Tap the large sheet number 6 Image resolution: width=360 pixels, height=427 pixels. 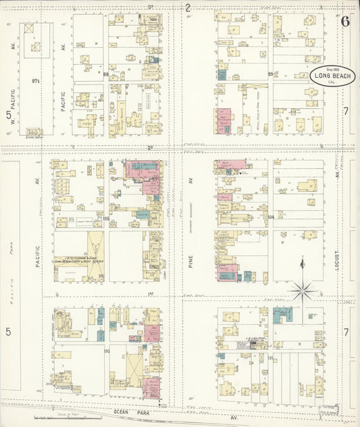click(x=345, y=20)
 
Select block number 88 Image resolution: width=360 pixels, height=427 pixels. click(x=106, y=74)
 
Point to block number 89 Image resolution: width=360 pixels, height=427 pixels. click(x=270, y=74)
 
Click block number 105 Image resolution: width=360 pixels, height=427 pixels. click(x=106, y=218)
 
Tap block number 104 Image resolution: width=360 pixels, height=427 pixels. click(x=270, y=217)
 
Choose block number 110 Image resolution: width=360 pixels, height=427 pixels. click(x=106, y=351)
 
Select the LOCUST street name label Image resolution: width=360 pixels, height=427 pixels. click(x=335, y=259)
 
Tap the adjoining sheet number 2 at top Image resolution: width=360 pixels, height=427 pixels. click(x=188, y=7)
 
